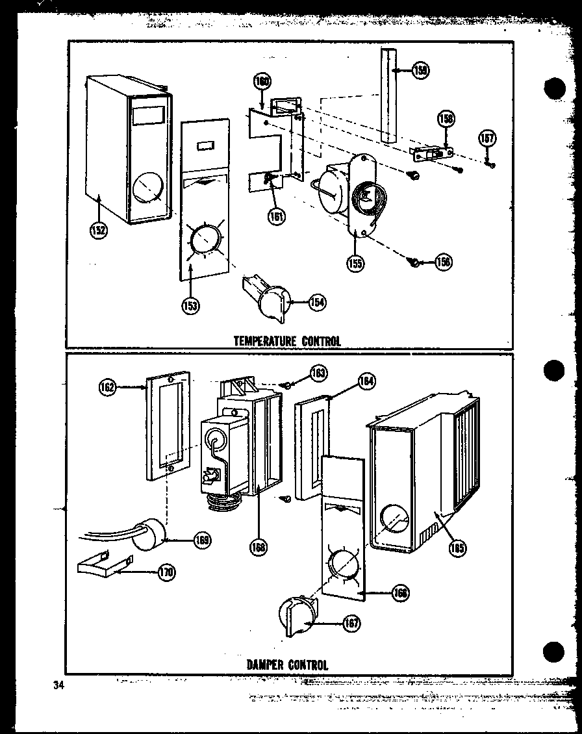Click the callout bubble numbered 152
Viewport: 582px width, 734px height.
[x=99, y=229]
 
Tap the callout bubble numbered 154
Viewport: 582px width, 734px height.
[x=317, y=302]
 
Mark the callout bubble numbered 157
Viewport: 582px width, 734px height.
[x=487, y=138]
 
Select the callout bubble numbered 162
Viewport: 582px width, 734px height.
[x=108, y=388]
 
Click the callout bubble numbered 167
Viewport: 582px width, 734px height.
[x=351, y=624]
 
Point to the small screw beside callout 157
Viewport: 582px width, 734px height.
[x=492, y=165]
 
